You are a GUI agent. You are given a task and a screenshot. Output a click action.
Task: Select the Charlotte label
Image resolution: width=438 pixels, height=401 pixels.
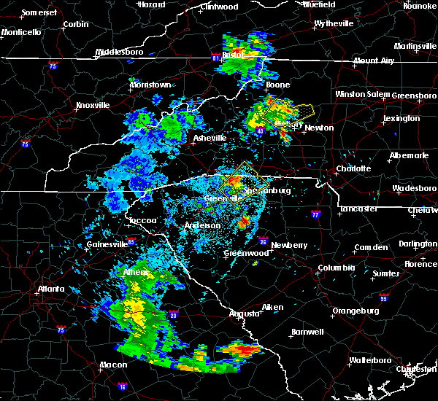coord(353,168)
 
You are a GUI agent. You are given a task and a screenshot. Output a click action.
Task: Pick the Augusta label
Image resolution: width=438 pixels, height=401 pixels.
coord(244,314)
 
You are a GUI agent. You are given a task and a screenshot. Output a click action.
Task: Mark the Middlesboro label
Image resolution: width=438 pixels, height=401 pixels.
coord(120,52)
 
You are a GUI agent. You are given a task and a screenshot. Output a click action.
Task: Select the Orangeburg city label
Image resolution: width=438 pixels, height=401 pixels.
coord(356,311)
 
